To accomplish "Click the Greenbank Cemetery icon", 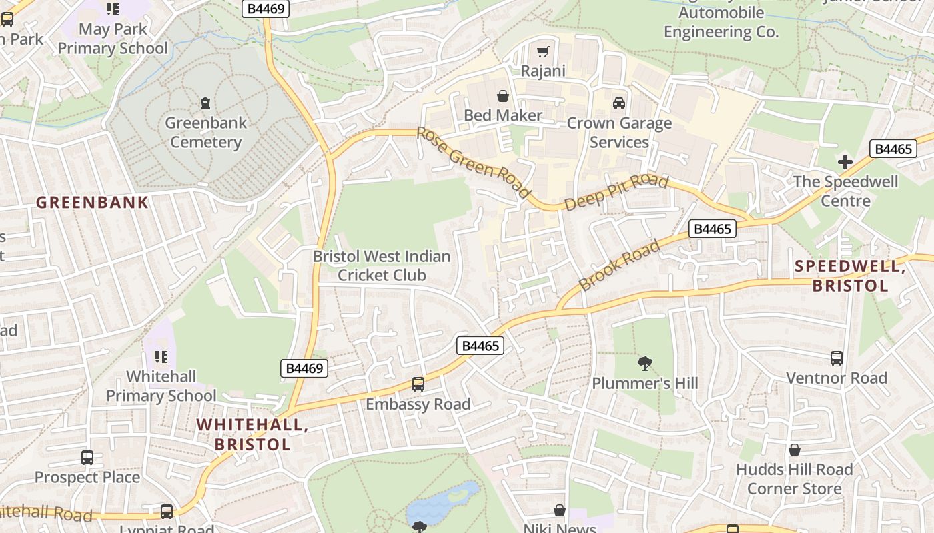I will click(205, 103).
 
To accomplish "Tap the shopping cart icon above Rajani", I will click(543, 51).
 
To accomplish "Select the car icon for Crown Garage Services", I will click(619, 103).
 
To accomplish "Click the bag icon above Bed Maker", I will click(503, 96).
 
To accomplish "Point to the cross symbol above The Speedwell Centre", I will click(845, 161).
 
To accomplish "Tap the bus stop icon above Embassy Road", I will click(418, 384).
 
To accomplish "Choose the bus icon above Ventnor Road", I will click(837, 358).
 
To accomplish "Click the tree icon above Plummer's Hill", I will click(644, 364).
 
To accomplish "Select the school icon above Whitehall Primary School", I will click(161, 357).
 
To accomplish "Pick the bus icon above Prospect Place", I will click(87, 458).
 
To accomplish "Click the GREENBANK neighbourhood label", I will click(92, 203).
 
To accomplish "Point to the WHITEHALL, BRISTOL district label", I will click(252, 434).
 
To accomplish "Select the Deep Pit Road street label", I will click(616, 193).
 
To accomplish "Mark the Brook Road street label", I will click(619, 265).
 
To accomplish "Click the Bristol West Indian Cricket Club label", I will click(382, 265).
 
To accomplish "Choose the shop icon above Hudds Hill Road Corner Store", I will click(794, 450).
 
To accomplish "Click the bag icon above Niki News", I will click(560, 510).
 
